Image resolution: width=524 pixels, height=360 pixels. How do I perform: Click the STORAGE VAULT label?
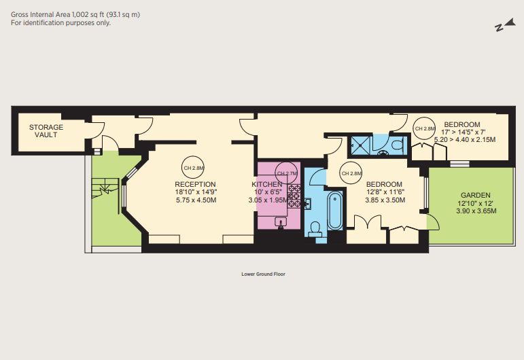pyautogui.click(x=46, y=131)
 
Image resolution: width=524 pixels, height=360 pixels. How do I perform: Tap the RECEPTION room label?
pyautogui.click(x=195, y=184)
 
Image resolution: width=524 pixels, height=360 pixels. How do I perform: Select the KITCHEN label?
pyautogui.click(x=267, y=184)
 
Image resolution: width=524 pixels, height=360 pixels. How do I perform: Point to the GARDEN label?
pyautogui.click(x=476, y=196)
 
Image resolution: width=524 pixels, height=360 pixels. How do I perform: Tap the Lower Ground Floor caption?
pyautogui.click(x=263, y=274)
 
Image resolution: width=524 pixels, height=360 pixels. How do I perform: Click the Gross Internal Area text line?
pyautogui.click(x=75, y=14)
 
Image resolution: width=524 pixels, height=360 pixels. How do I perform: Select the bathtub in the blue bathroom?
pyautogui.click(x=335, y=211)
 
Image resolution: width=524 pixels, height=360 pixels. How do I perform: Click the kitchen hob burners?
pyautogui.click(x=294, y=196)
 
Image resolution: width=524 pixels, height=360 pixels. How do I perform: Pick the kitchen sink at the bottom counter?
pyautogui.click(x=281, y=221)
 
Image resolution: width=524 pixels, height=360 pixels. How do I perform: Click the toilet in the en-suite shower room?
pyautogui.click(x=398, y=145)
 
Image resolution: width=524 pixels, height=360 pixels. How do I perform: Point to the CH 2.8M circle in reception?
pyautogui.click(x=194, y=168)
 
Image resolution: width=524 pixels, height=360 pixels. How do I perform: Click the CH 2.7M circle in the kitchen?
pyautogui.click(x=286, y=173)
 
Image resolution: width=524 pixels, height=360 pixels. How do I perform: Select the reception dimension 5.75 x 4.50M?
pyautogui.click(x=196, y=200)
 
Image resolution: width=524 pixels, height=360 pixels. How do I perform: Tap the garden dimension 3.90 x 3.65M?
pyautogui.click(x=476, y=211)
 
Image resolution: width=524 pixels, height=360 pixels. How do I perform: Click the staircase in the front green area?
pyautogui.click(x=105, y=189)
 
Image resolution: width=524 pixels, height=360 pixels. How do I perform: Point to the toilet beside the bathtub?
pyautogui.click(x=315, y=228)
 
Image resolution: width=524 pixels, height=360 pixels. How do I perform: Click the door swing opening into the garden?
pyautogui.click(x=434, y=221)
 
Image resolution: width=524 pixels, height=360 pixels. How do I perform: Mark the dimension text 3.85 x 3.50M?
pyautogui.click(x=385, y=200)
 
